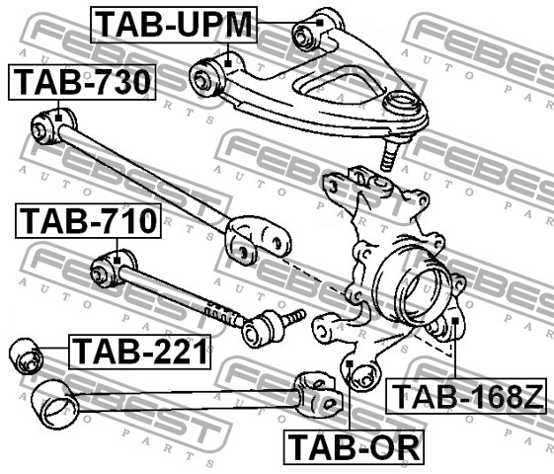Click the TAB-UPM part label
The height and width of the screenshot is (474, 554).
pyautogui.click(x=174, y=25)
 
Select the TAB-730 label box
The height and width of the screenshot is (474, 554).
pyautogui.click(x=82, y=82)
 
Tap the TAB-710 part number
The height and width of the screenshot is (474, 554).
pyautogui.click(x=88, y=221)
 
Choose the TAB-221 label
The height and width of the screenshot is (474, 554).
pyautogui.click(x=140, y=352)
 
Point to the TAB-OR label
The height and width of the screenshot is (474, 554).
pyautogui.click(x=354, y=447)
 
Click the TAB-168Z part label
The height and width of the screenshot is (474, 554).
pyautogui.click(x=466, y=396)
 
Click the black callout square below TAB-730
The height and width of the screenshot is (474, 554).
pyautogui.click(x=58, y=118)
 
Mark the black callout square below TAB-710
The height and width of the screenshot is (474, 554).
pyautogui.click(x=118, y=261)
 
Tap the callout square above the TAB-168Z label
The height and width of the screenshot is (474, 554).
pyautogui.click(x=455, y=321)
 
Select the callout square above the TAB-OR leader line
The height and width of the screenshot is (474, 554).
pyautogui.click(x=350, y=363)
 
